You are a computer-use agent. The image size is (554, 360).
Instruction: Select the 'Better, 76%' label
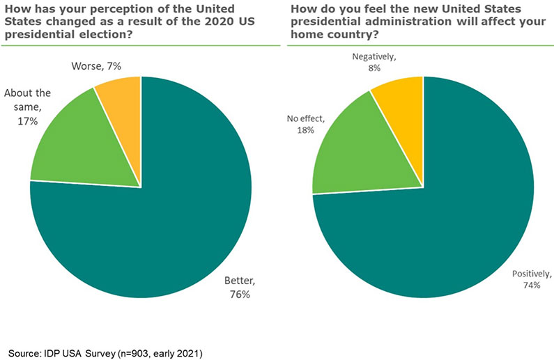pos(240,287)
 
